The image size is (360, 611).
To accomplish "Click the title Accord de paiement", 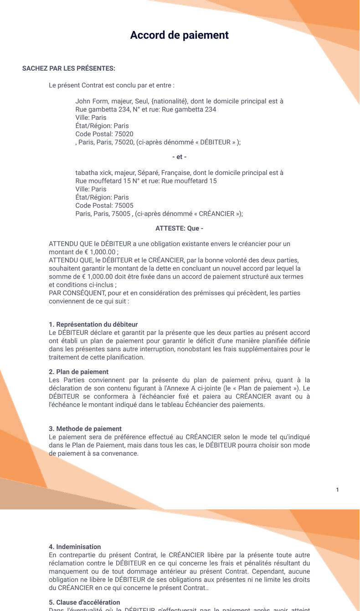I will click(180, 35).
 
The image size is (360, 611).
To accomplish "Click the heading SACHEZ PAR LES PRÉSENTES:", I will click(69, 68).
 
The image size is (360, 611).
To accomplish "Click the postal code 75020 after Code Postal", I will click(124, 134).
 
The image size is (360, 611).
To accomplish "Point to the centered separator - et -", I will click(180, 157).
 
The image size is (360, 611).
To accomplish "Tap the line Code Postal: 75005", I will click(104, 205).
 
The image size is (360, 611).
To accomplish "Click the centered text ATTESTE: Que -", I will click(180, 228).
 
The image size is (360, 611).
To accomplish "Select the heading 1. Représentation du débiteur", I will click(93, 324).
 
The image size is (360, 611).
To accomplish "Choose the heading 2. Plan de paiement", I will click(79, 372).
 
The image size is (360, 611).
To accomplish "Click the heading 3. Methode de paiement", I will click(85, 429).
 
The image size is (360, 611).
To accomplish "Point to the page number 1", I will click(337, 490).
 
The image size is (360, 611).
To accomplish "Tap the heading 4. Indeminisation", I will click(75, 547).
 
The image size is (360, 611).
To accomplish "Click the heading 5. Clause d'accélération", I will click(85, 602).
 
